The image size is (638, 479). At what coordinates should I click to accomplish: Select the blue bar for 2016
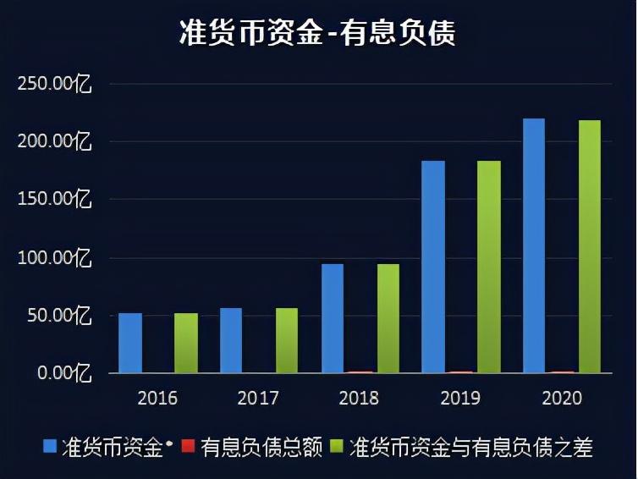[130, 343]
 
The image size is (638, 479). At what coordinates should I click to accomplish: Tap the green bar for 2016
[186, 343]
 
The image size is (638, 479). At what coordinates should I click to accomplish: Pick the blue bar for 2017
[231, 340]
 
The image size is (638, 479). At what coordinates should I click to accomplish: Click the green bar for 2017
[287, 340]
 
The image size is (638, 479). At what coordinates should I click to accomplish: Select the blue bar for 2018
[333, 318]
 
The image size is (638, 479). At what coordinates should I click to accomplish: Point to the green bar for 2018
[388, 318]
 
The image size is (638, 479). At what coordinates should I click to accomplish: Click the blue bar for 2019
[433, 267]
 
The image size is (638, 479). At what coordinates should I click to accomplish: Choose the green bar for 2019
[489, 267]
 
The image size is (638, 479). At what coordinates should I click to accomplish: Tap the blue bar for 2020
[534, 245]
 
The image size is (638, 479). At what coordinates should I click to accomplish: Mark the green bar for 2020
[590, 246]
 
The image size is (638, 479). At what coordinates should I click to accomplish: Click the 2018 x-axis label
[360, 399]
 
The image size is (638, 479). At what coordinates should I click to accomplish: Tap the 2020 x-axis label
[562, 399]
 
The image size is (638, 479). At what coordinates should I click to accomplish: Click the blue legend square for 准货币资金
[51, 446]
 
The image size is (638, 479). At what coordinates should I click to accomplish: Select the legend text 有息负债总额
[262, 447]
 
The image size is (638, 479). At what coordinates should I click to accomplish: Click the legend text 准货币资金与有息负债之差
[471, 447]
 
